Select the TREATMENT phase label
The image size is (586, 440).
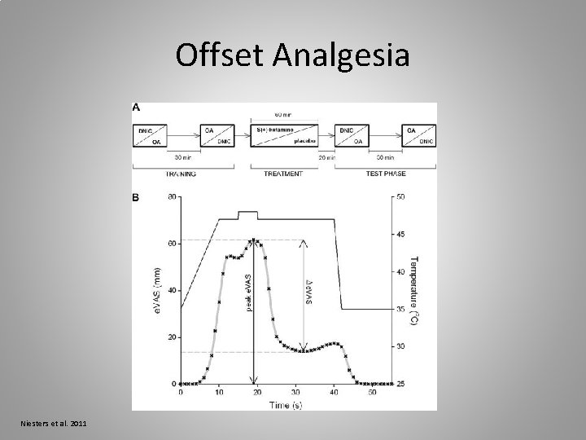[x=284, y=174]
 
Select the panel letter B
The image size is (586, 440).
[x=136, y=197]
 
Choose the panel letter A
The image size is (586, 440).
[x=136, y=107]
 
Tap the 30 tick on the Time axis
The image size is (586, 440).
[x=295, y=393]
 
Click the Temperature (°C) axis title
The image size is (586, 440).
[x=416, y=289]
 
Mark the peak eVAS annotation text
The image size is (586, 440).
[x=249, y=289]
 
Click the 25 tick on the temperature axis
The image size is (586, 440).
[x=400, y=384]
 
